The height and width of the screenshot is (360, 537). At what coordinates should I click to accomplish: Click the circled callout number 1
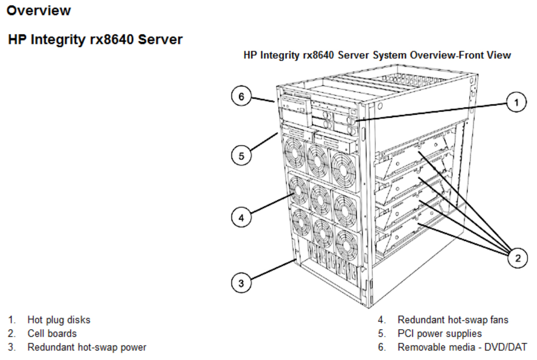tap(516, 103)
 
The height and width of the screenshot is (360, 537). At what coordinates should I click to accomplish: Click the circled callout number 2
tap(516, 258)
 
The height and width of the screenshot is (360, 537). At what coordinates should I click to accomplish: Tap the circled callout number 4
tap(242, 218)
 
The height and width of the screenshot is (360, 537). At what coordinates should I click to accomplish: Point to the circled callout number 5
tap(242, 156)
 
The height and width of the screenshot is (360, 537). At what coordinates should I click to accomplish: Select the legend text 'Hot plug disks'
tap(59, 320)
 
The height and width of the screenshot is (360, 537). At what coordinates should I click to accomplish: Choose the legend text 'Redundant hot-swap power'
tap(87, 347)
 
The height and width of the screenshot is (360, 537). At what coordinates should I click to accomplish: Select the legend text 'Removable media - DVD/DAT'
tap(462, 347)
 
